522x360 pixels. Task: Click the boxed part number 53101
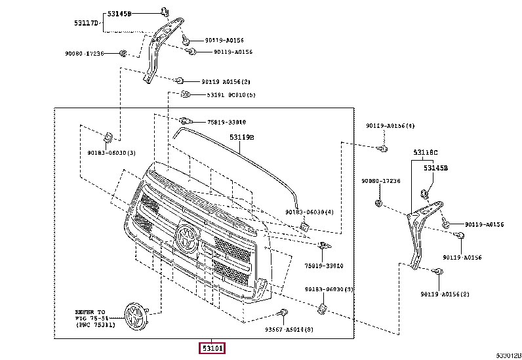[x=212, y=347]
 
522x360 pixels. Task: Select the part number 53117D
[x=86, y=23]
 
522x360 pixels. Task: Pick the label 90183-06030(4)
[x=310, y=212]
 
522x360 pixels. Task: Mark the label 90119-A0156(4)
[x=390, y=125]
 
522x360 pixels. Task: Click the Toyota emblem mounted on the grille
[x=186, y=237]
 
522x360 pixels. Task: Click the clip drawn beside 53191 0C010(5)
[x=186, y=95]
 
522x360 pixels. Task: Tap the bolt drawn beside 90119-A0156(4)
[x=382, y=149]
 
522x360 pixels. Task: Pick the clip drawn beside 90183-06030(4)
[x=304, y=226]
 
